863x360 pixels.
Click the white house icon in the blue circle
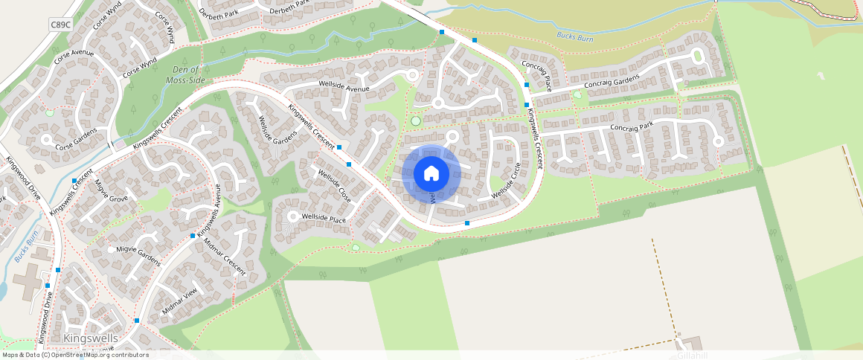pyautogui.click(x=431, y=174)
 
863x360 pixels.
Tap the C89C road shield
pyautogui.click(x=60, y=25)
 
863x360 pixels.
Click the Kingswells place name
pyautogui.click(x=92, y=338)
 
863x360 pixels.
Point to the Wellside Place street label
pyautogui.click(x=324, y=218)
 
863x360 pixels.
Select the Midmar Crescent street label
pyautogui.click(x=224, y=257)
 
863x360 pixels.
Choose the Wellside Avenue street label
pyautogui.click(x=344, y=89)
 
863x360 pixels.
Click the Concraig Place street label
pyautogui.click(x=536, y=74)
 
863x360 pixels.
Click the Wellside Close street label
pyautogui.click(x=334, y=186)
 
